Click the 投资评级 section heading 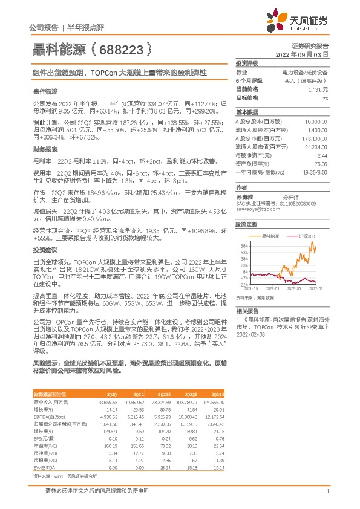coord(247,63)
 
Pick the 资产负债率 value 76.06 coord(321,164)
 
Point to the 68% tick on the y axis coord(244,245)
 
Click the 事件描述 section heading coord(46,91)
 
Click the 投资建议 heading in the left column coord(46,250)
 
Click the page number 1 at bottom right coord(327,493)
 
